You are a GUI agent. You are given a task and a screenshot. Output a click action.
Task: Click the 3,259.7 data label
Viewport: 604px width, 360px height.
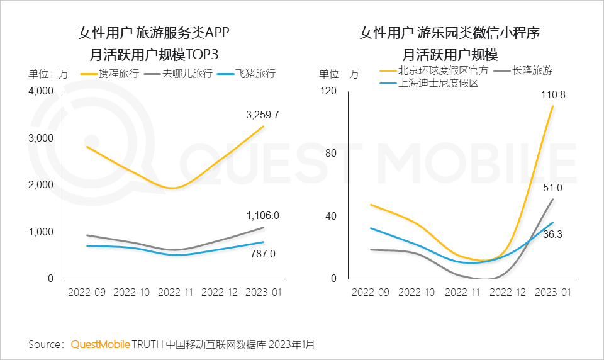coord(262,115)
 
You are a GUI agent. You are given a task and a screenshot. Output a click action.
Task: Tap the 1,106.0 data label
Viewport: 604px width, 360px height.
coord(262,215)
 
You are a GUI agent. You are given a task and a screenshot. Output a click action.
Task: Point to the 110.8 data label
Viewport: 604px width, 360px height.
coord(553,95)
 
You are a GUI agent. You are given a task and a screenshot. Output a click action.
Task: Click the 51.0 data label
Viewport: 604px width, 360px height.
coord(553,188)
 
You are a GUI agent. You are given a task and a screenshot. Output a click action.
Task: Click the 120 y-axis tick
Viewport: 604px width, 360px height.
coord(330,91)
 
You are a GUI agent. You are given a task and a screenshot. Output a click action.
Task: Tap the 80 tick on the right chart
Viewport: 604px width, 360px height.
coord(332,153)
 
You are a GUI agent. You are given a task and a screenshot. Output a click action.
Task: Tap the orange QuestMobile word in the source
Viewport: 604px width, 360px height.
coord(101,344)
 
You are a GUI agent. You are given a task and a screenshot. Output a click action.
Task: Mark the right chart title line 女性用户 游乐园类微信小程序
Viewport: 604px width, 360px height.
coord(450,32)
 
